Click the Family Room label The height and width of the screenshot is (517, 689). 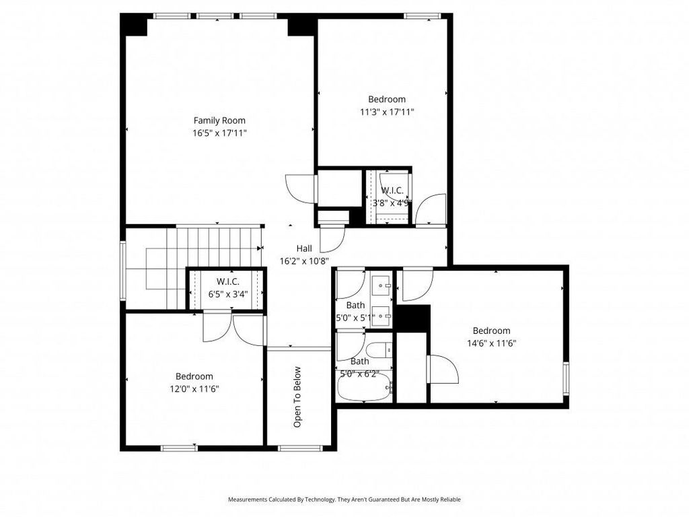[219, 120]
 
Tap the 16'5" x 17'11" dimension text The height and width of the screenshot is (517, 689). [219, 133]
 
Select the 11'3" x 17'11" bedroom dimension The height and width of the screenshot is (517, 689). [387, 112]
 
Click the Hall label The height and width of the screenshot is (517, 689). [304, 248]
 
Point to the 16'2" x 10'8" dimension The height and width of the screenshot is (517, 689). [304, 261]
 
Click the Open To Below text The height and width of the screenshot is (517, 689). [297, 397]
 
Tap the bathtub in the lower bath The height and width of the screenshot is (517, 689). [364, 387]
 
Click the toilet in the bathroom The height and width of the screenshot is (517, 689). [379, 350]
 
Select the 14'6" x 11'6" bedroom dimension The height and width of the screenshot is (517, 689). [491, 343]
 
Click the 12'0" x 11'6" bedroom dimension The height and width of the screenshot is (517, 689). [194, 388]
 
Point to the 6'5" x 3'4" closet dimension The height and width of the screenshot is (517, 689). [227, 294]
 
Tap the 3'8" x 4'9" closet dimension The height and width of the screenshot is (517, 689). [392, 203]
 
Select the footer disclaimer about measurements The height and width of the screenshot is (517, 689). [344, 499]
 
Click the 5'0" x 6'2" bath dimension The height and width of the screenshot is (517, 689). [359, 374]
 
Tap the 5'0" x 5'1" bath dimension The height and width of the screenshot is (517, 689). [355, 318]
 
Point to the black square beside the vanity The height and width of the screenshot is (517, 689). [412, 318]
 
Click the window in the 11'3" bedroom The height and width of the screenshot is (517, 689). [423, 16]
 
